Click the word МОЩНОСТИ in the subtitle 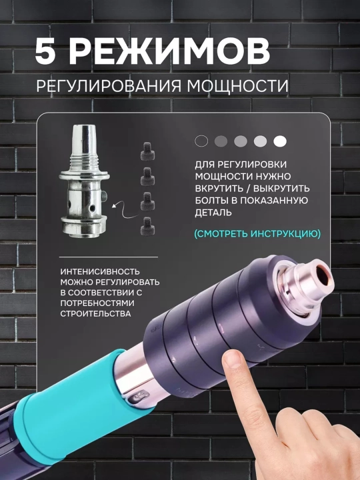click(237, 86)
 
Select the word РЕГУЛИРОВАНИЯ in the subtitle click(109, 86)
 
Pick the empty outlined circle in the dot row click(201, 141)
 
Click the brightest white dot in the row click(280, 141)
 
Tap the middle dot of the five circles click(241, 141)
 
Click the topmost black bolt click(147, 151)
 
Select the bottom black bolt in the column click(147, 226)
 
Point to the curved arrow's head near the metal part click(114, 206)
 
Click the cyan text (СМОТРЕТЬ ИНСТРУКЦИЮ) click(257, 233)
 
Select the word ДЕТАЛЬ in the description click(213, 213)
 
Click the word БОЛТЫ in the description click(213, 200)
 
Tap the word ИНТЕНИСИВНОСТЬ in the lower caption click(100, 271)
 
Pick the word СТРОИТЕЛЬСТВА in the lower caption click(95, 314)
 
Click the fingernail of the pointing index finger click(233, 359)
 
